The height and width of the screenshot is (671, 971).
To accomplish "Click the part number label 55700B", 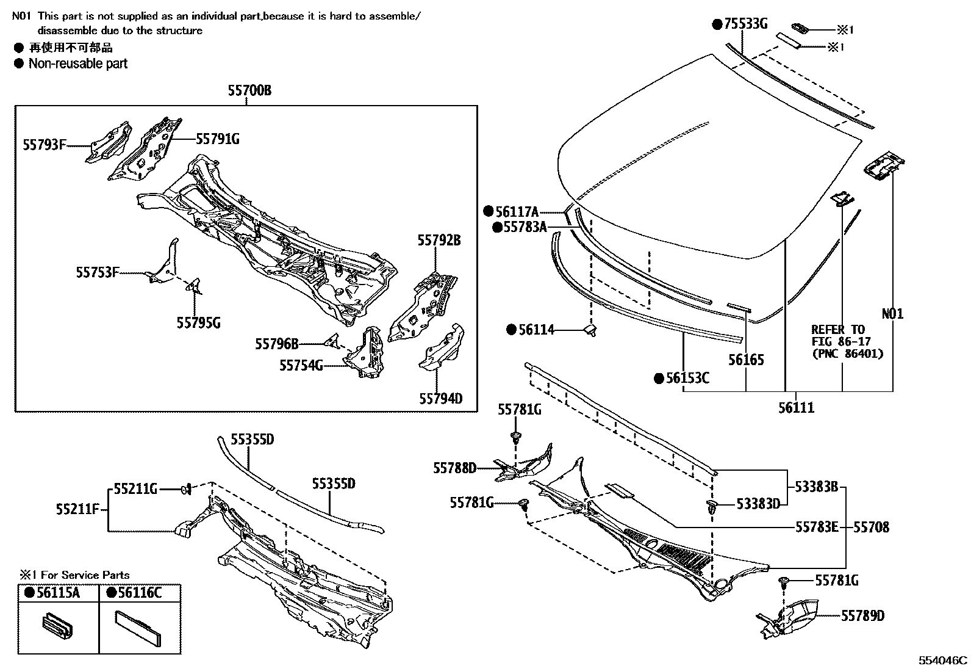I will point(249,92).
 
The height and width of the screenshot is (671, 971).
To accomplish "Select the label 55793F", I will point(45,145).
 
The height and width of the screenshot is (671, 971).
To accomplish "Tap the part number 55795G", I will point(199,323).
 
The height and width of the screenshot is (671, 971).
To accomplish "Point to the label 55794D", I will point(440,399).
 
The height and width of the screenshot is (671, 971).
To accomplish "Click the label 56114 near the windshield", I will point(537,330).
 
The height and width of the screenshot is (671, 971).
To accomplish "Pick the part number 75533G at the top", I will point(745,24).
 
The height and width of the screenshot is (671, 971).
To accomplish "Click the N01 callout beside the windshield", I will point(892,314).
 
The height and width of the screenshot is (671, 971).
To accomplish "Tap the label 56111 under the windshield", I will point(796,407).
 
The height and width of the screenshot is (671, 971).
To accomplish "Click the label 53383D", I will point(758,504).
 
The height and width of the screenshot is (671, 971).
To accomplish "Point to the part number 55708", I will point(871,527).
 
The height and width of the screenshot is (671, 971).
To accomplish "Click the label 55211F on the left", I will point(77,509).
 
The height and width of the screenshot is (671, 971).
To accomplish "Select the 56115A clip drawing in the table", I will point(56,627).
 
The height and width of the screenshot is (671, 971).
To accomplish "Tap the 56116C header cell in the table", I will point(140,592).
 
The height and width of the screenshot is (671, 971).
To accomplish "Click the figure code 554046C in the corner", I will point(943,661).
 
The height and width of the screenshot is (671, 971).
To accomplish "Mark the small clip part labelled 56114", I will point(590,330).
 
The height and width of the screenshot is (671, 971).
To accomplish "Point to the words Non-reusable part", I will point(78,63).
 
